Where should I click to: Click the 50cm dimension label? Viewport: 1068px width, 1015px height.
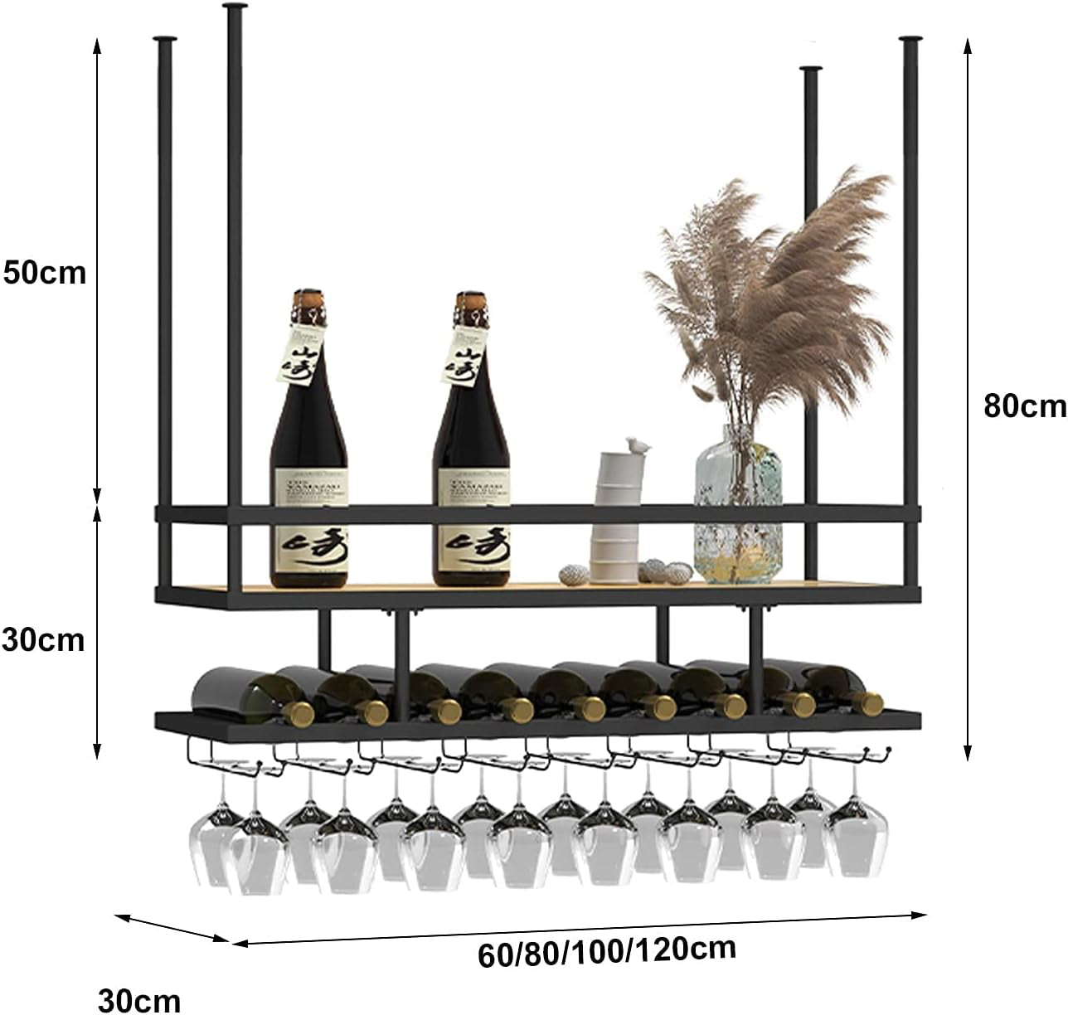click(45, 272)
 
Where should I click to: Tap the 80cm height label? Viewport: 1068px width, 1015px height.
click(1024, 406)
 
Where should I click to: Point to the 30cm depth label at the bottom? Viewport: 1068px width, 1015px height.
click(139, 1000)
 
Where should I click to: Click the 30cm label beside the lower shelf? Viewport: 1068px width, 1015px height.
click(43, 639)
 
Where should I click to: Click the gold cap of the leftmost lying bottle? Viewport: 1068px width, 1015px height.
click(299, 712)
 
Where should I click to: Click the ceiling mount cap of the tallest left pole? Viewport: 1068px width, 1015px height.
click(235, 7)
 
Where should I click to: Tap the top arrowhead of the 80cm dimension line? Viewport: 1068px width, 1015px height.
click(967, 43)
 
